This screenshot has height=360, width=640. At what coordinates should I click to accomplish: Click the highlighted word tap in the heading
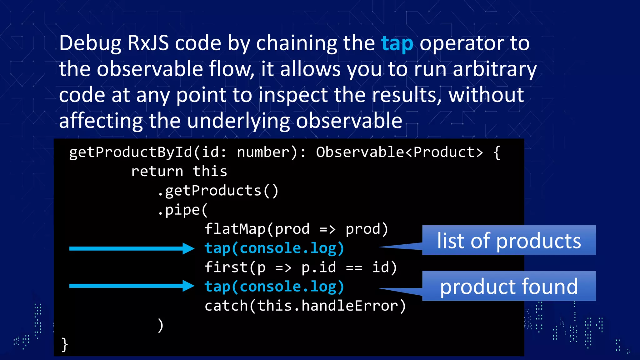397,44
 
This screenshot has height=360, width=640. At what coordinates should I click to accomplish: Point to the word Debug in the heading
90,44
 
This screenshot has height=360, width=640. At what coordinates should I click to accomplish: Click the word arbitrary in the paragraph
495,69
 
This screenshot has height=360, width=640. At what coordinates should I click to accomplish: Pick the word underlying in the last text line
238,121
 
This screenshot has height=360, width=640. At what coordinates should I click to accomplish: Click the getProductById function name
131,152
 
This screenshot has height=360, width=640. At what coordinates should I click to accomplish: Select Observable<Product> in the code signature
399,152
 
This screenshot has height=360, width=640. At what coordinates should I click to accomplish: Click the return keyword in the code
157,172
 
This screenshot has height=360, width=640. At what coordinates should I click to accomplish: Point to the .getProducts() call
218,191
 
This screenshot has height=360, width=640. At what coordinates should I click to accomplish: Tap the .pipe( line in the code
182,210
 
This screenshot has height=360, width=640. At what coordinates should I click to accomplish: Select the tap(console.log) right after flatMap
274,248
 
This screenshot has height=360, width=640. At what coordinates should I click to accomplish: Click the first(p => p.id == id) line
300,267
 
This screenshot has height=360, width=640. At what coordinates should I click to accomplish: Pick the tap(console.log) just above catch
274,287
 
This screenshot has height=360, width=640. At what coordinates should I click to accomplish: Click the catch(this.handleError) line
305,306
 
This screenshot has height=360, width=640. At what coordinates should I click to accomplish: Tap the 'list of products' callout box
509,240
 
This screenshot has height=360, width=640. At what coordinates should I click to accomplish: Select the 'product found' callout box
509,286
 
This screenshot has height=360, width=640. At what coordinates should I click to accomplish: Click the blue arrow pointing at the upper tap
131,248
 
